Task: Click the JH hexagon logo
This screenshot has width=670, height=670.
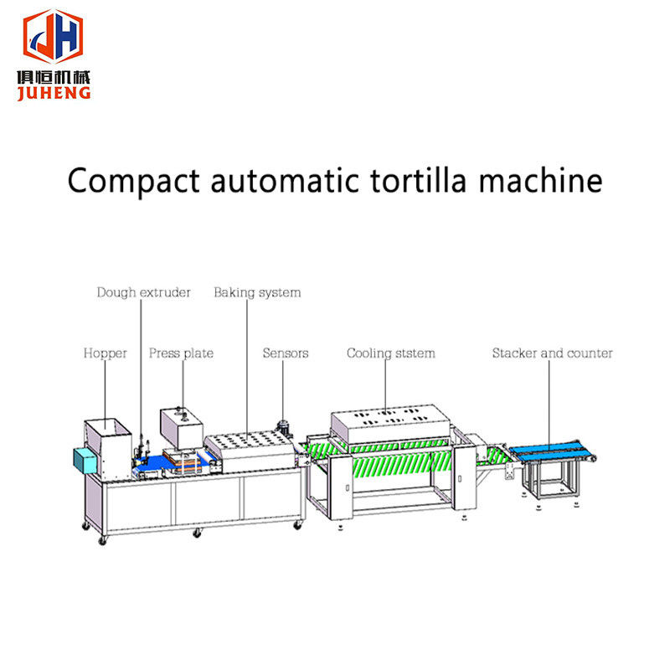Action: [53, 36]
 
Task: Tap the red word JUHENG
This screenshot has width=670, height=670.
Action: [54, 93]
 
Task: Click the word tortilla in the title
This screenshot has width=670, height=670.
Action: [418, 180]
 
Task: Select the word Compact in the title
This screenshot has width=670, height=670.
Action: [134, 182]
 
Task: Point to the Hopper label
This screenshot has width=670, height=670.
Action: [106, 353]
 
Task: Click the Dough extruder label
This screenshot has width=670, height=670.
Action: [143, 292]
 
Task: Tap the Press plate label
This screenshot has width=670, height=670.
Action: [181, 353]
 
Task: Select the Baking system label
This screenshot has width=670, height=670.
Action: [257, 292]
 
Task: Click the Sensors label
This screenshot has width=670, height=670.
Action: [286, 353]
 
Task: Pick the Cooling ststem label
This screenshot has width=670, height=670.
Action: [391, 353]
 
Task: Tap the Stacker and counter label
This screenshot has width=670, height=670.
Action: [553, 353]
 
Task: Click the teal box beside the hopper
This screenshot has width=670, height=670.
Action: [85, 460]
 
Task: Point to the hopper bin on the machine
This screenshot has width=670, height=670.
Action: [108, 449]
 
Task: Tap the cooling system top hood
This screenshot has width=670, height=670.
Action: [390, 425]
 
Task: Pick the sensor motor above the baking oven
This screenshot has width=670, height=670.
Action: [283, 427]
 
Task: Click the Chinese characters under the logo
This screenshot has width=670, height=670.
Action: [54, 77]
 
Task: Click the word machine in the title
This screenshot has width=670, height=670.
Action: [540, 180]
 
